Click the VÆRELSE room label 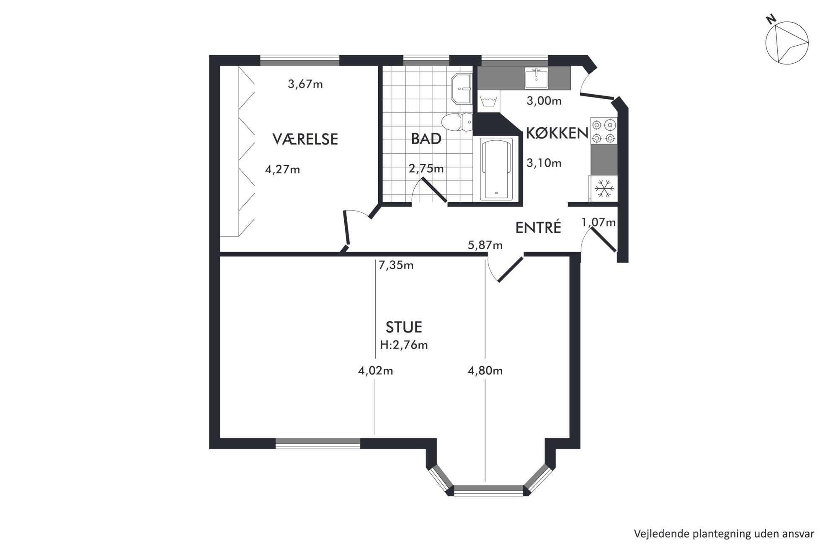305,139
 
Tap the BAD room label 426,139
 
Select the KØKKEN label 557,133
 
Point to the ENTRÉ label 538,227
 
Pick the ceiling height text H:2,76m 404,345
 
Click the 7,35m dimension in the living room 396,265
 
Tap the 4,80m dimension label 485,371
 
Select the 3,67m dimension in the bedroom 305,84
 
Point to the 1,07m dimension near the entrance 599,222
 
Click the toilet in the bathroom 457,122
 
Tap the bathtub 496,169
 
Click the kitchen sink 536,78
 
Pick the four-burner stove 604,131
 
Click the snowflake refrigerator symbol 604,188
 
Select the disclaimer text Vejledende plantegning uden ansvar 724,534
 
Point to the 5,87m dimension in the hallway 485,245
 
